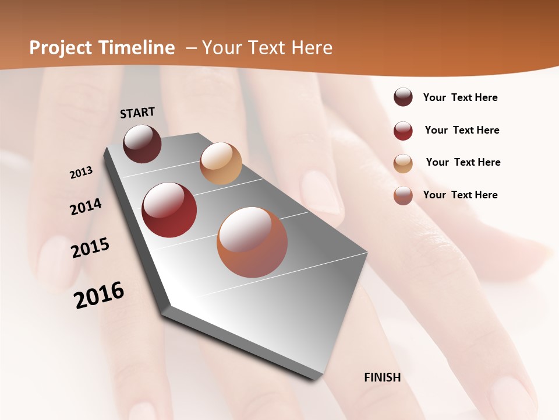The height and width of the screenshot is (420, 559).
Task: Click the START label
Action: point(137,113)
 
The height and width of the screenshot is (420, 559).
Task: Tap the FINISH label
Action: point(383,377)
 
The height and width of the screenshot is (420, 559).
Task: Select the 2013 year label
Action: point(81,173)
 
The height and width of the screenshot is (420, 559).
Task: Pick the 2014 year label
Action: point(86,206)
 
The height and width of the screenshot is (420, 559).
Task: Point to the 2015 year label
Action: point(90,248)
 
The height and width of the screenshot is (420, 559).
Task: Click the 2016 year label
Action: point(99,295)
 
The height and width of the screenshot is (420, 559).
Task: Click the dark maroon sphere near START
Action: point(143,143)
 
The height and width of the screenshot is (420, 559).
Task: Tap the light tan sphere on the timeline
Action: point(221,163)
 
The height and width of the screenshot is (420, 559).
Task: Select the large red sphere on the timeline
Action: point(169,210)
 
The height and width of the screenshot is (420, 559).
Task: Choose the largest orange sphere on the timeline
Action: point(252,242)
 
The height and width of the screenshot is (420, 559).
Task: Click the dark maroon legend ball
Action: point(403,97)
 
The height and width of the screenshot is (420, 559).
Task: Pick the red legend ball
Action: point(403,131)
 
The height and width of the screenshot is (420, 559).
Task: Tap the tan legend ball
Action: point(403,163)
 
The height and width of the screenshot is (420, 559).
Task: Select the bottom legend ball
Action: point(403,195)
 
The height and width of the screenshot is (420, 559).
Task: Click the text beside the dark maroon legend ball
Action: point(460,98)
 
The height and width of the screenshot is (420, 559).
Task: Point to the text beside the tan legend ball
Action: point(463,162)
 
